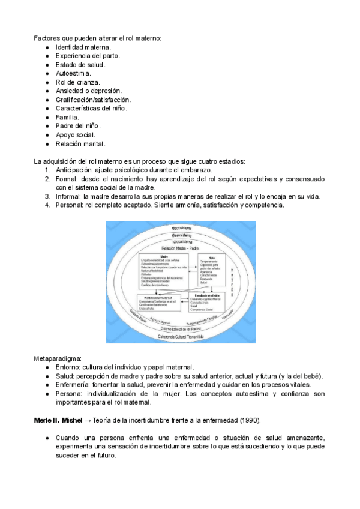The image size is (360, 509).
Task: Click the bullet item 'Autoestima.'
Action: pos(73,73)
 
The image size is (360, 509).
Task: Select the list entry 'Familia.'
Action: pos(67,117)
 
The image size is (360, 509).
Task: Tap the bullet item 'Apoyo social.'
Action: pos(75,135)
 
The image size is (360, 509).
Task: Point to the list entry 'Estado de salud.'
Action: pos(80,64)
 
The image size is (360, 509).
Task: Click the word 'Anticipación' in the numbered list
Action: pos(75,170)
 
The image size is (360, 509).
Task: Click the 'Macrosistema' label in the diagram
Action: pos(181,229)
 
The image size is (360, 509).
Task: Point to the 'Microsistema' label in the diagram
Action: pos(181,241)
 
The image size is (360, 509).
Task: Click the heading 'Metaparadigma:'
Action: pos(58,341)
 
